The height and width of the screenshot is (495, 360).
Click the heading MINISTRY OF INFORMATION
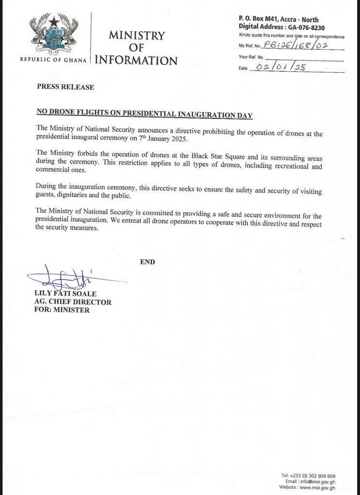(x=136, y=48)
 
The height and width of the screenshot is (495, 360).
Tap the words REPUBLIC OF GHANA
(x=53, y=60)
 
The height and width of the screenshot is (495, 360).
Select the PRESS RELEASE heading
(x=66, y=87)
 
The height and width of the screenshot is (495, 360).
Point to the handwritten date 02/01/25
(x=281, y=68)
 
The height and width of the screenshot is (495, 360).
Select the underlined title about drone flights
(x=145, y=115)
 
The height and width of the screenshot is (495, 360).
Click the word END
(x=147, y=262)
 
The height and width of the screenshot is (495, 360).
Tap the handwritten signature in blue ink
(x=63, y=278)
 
